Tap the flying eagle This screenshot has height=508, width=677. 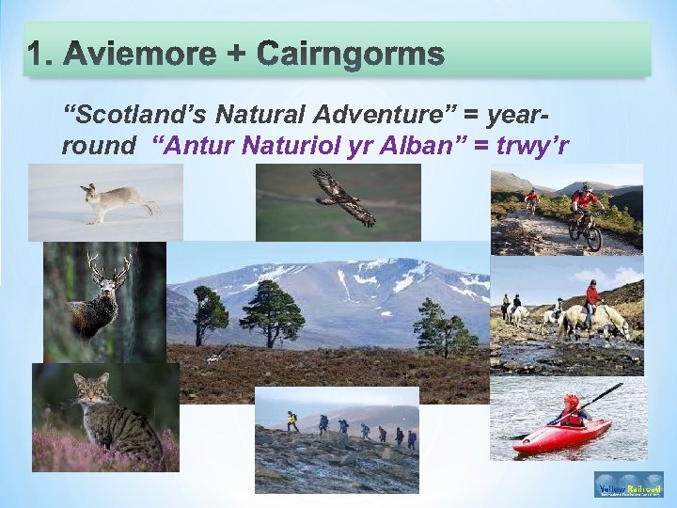[x=344, y=198]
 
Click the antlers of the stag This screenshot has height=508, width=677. [x=108, y=270]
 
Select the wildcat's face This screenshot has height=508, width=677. [x=91, y=389]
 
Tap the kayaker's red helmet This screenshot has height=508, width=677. [x=571, y=402]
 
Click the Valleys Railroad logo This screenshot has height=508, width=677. [x=628, y=485]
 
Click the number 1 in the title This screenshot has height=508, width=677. [x=38, y=55]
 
